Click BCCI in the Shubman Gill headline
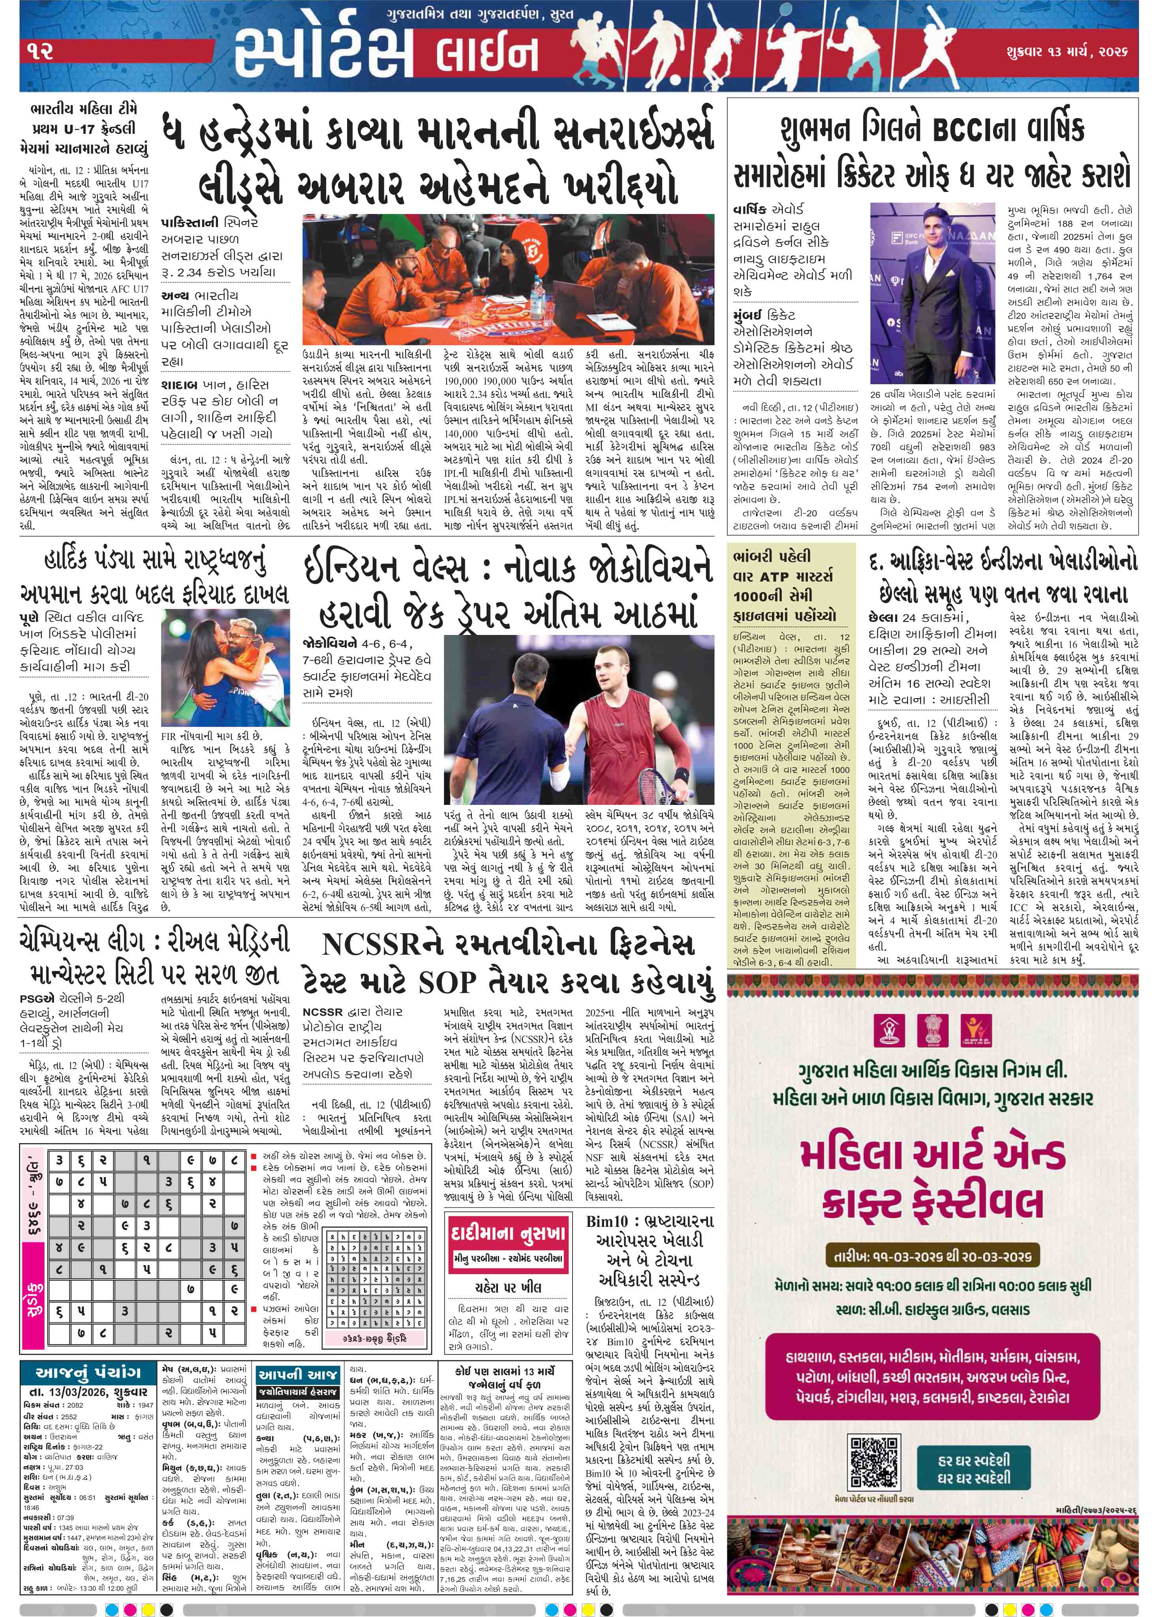[966, 130]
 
